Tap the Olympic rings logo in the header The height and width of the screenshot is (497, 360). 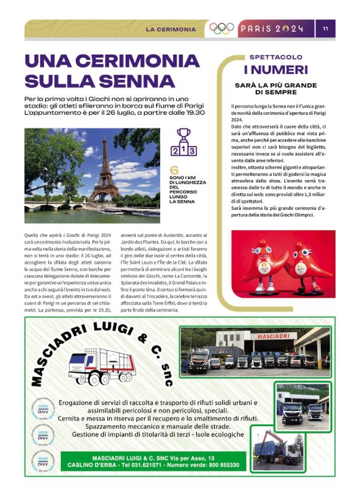tap(222, 29)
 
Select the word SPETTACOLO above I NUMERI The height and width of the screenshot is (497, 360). tap(276, 57)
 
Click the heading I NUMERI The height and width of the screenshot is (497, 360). tap(276, 69)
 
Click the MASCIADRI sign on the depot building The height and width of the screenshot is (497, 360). tap(270, 336)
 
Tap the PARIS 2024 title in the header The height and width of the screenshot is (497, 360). tap(272, 29)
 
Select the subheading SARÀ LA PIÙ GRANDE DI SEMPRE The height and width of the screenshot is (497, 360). tap(276, 88)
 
